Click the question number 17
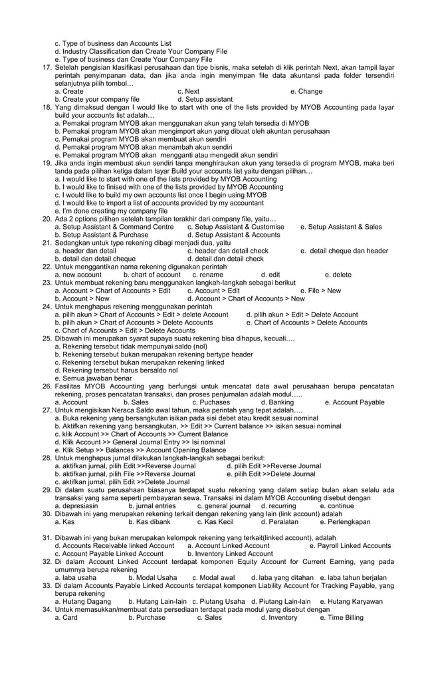point(47,67)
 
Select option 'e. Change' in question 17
point(306,91)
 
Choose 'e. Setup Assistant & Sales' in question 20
point(341,227)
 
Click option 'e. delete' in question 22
point(338,275)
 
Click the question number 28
point(47,458)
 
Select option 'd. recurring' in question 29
point(282,506)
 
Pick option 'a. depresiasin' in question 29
point(76,506)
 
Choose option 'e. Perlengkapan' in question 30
point(345,522)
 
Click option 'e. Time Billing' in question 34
point(342,617)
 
